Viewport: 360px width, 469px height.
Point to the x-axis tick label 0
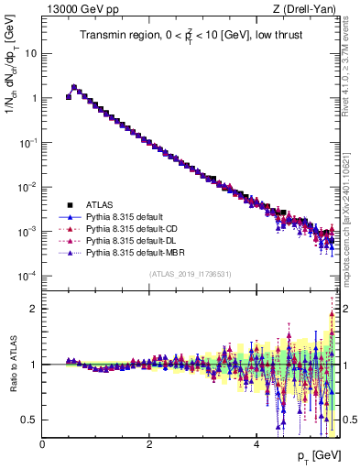coord(42,444)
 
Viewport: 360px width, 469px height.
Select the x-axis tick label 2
coord(149,444)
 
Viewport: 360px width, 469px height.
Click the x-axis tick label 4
coord(256,444)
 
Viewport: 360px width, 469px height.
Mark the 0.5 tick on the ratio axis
coord(31,420)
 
